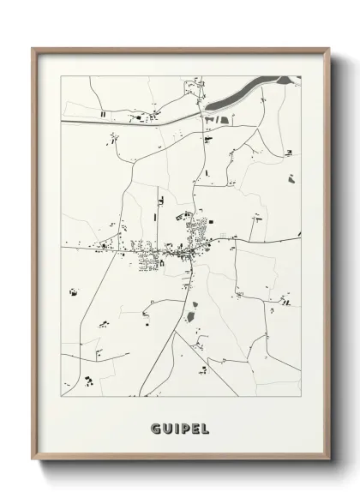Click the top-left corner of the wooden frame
33,48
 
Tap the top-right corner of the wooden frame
329,48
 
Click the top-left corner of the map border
62,76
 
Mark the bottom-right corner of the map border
301,398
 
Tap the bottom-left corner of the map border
62,398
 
